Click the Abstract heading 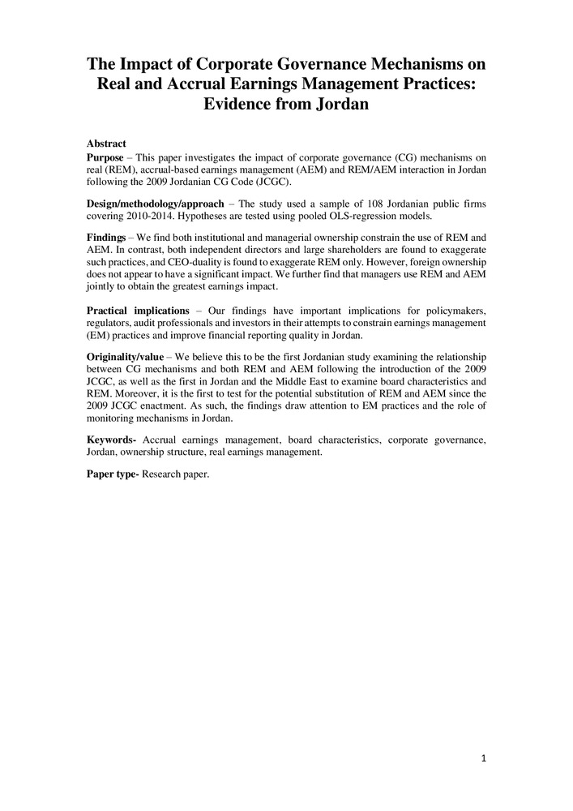(106, 143)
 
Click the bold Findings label (106, 236)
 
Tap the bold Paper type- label (113, 474)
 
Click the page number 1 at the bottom (484, 759)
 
